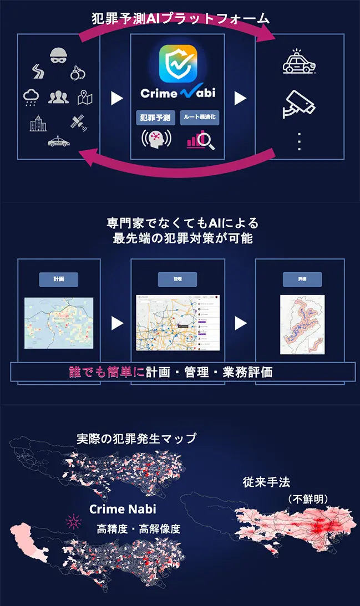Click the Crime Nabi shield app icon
178,63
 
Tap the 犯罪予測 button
156,117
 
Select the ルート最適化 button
200,117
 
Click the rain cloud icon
32,97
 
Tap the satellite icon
78,123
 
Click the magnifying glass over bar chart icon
200,141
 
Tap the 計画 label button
58,279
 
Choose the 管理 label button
178,279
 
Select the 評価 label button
302,279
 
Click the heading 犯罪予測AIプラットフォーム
180,18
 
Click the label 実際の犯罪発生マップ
136,439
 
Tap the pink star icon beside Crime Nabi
73,521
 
